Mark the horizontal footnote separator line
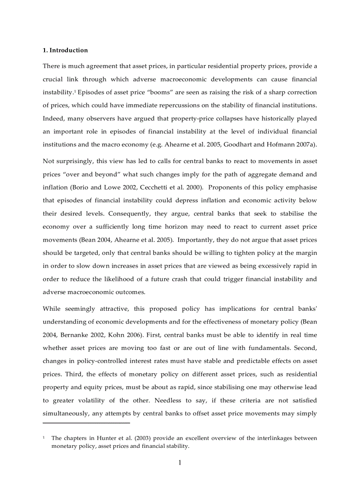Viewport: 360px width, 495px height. coord(86,423)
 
